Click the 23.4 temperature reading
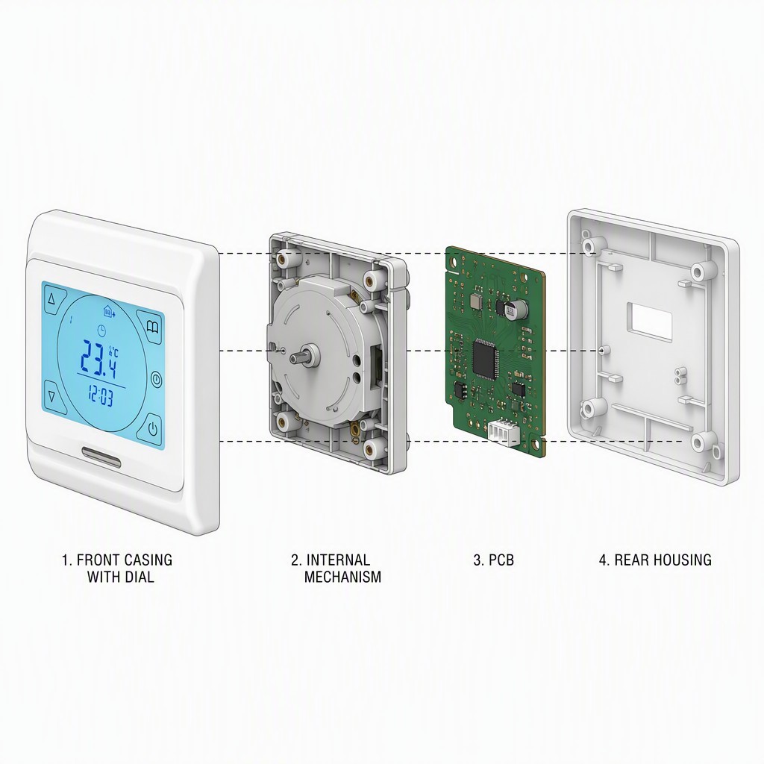point(99,359)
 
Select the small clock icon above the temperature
point(101,330)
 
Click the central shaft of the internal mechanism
point(305,354)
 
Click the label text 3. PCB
point(494,560)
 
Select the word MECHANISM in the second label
point(342,577)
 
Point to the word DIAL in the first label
point(138,577)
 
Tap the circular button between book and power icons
point(156,379)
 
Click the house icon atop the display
point(108,310)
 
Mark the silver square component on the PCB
point(476,300)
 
